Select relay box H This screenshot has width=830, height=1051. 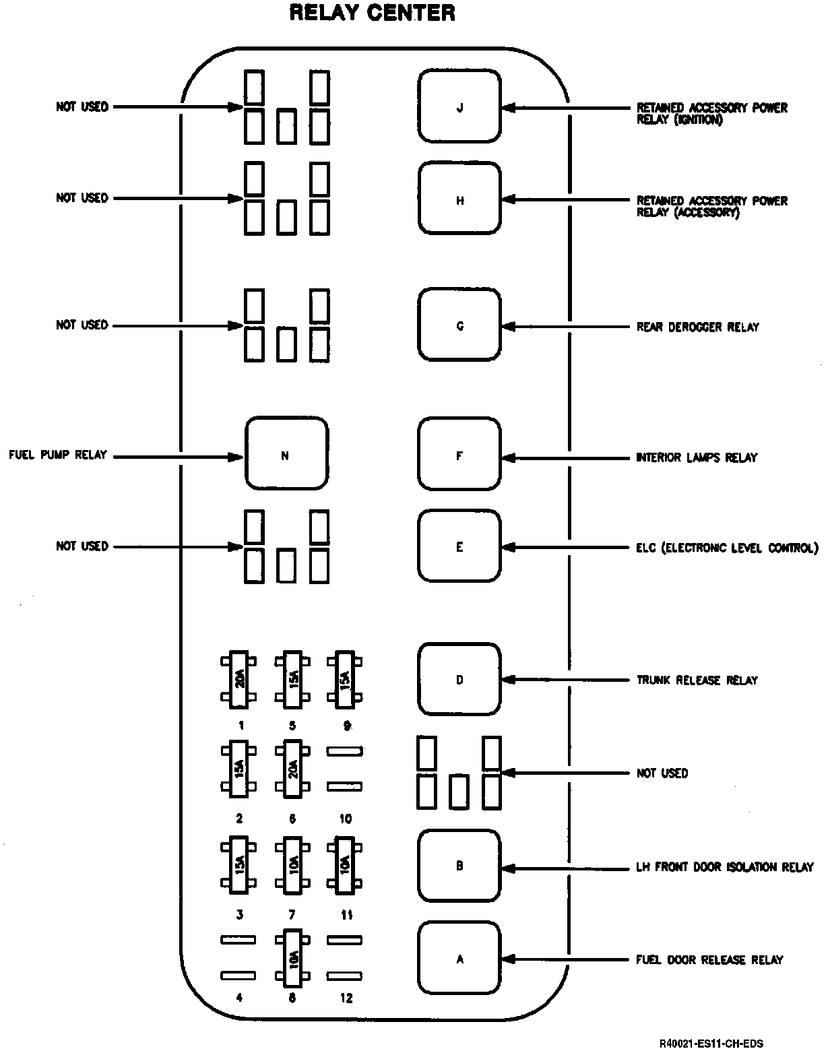(459, 199)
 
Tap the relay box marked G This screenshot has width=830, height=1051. (459, 325)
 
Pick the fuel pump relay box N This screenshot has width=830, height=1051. (286, 455)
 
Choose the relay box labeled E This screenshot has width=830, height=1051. (459, 546)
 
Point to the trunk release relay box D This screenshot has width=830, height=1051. (459, 679)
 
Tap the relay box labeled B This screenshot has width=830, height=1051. (459, 866)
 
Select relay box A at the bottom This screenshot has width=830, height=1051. (459, 959)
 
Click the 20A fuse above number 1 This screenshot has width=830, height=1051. (238, 680)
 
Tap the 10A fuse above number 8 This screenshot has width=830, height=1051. (292, 957)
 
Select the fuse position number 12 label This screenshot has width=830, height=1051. (346, 998)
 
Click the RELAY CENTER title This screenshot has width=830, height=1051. (372, 13)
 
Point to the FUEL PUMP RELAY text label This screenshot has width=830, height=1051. (58, 455)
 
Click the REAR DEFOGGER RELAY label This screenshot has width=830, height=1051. (697, 327)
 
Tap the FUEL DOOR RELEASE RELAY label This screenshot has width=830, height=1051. (709, 959)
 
